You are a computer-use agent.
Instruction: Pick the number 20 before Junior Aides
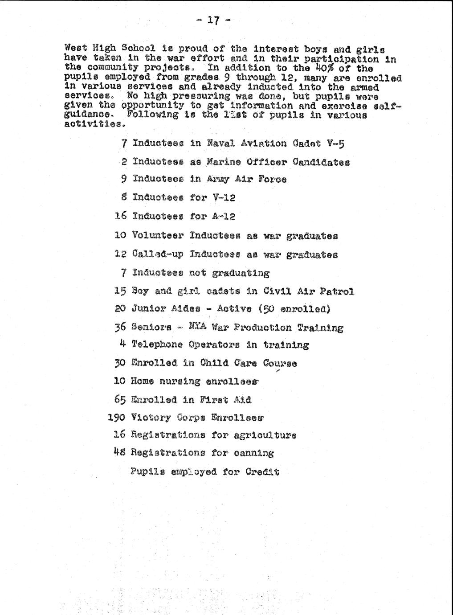coord(121,308)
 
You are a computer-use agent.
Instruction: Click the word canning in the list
coord(254,453)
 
